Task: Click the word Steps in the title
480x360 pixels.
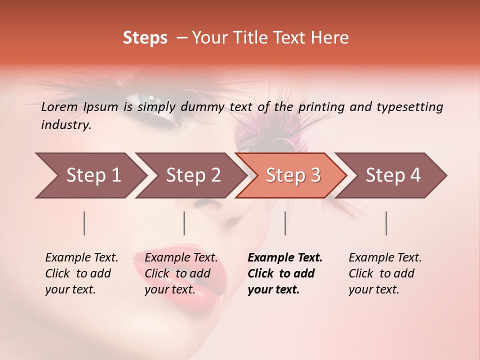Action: pos(145,38)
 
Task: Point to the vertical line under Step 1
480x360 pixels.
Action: pos(84,223)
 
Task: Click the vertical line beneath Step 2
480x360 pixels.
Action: pos(184,223)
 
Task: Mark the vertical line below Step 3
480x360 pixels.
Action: pos(285,223)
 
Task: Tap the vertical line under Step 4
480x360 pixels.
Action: pos(386,223)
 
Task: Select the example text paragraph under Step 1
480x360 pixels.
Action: pos(81,273)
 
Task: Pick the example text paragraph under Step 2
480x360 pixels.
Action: pos(181,273)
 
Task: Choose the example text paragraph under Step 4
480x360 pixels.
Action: pos(385,273)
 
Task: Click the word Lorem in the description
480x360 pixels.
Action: pos(59,106)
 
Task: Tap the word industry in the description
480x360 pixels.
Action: pos(66,125)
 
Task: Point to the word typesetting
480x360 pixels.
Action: pos(409,107)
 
